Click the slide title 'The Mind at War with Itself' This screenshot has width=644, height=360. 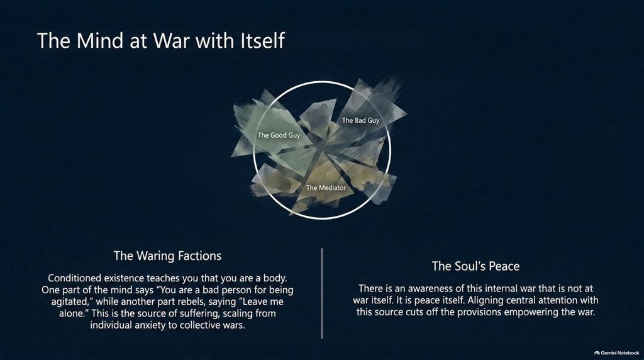tap(160, 41)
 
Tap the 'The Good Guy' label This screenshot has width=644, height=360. tap(279, 135)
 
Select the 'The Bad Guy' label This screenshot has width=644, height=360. tap(360, 120)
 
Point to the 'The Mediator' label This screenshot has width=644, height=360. tap(326, 188)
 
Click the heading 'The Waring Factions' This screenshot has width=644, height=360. tap(167, 256)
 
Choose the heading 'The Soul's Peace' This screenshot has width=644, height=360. tap(475, 266)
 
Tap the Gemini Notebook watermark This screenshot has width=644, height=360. tap(616, 352)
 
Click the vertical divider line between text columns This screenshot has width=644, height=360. tap(322, 293)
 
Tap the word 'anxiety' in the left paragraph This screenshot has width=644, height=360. tap(160, 325)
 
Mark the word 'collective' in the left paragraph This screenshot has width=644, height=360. tap(202, 325)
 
